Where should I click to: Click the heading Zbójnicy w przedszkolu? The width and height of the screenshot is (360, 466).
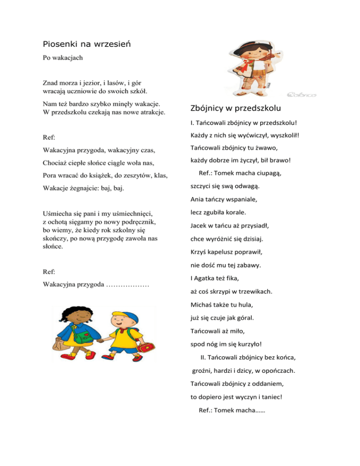coord(236,109)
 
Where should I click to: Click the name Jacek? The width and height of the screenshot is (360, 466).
coord(199,225)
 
